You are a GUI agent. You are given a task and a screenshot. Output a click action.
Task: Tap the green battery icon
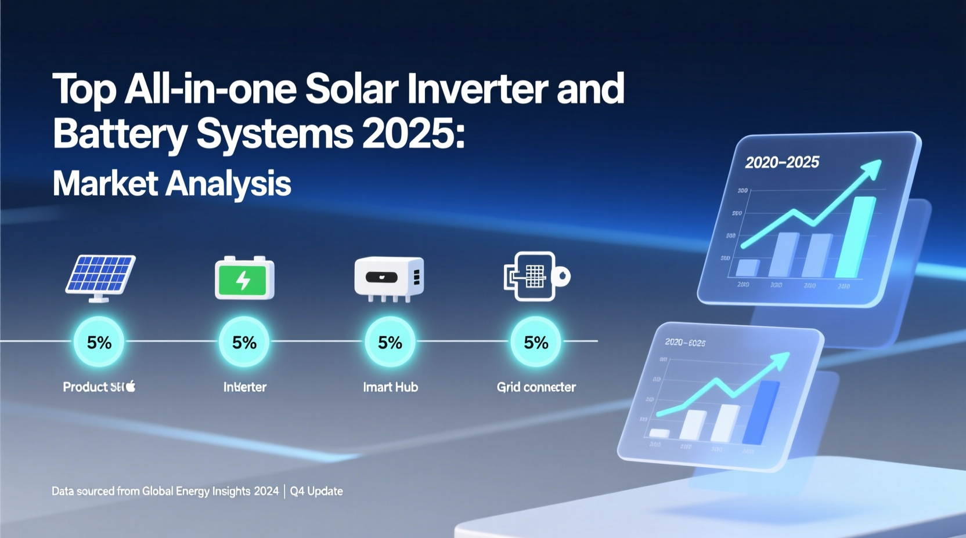244,279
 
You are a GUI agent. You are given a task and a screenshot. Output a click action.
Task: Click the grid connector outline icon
535,277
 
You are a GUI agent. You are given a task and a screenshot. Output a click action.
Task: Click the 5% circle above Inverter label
244,342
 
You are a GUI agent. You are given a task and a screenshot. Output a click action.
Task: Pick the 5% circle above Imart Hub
390,342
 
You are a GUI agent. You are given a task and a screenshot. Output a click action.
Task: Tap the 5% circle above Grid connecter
536,342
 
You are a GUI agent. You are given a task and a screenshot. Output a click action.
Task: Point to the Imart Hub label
390,387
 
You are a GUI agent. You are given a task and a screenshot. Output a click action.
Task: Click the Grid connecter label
536,387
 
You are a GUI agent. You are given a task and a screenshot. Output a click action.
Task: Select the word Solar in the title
351,90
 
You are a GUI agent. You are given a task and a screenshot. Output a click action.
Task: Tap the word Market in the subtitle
104,184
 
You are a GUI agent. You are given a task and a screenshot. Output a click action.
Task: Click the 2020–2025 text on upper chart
781,162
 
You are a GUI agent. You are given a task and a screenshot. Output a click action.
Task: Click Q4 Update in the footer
316,491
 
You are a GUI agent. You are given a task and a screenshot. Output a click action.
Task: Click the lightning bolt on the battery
243,281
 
